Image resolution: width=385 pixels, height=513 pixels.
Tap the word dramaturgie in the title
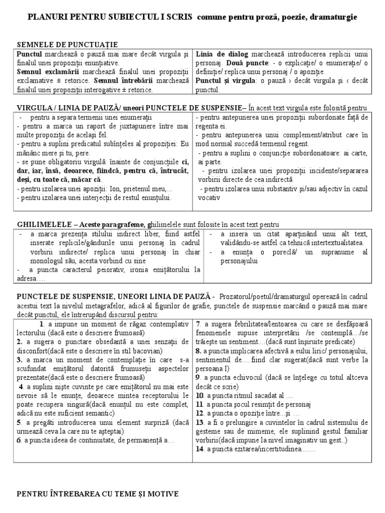(x=335, y=18)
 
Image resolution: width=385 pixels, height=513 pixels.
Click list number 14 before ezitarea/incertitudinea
(x=200, y=450)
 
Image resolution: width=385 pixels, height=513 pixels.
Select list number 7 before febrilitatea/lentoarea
(x=199, y=324)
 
